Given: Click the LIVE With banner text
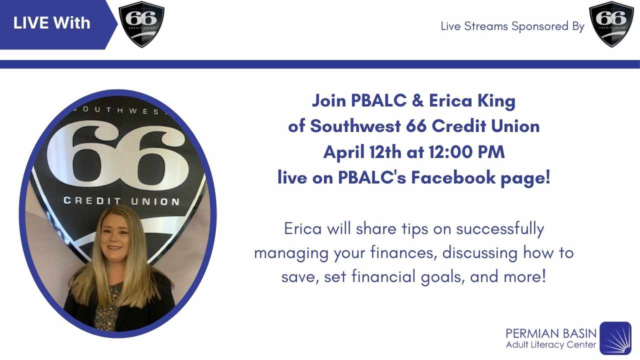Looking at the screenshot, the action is click(x=51, y=23).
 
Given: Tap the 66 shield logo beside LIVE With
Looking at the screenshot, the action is click(x=141, y=24).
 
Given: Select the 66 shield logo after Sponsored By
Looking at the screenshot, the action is click(x=611, y=24).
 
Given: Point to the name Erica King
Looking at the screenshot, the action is click(x=472, y=100).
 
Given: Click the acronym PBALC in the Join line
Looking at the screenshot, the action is click(x=378, y=100).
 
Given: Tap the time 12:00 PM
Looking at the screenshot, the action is click(x=466, y=151).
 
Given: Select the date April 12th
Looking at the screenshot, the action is click(x=362, y=152).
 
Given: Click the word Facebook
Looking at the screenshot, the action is click(x=453, y=177).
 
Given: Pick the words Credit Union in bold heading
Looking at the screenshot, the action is click(x=485, y=126).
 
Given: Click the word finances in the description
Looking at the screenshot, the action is click(x=403, y=252).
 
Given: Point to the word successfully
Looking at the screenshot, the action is click(x=499, y=229).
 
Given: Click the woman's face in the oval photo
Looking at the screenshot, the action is click(x=115, y=235).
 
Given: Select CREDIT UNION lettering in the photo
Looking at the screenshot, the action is click(x=121, y=201).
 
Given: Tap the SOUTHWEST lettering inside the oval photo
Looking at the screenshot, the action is click(x=120, y=110).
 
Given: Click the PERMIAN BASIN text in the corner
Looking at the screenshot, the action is click(x=551, y=333).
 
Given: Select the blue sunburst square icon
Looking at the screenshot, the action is click(x=615, y=338).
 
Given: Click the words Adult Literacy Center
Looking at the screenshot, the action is click(x=551, y=345).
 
